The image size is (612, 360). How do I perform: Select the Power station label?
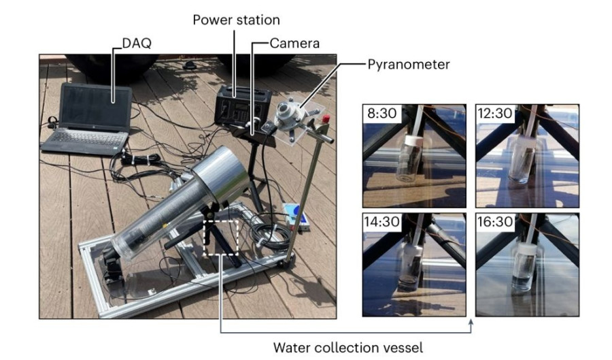coord(235,20)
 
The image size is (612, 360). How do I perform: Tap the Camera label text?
coord(294,44)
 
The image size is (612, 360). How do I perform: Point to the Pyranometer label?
coord(408,65)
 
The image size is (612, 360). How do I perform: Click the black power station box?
coord(242,107)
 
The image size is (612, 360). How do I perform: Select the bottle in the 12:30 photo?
coord(525,162)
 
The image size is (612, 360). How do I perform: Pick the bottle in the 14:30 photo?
coord(412,269)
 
